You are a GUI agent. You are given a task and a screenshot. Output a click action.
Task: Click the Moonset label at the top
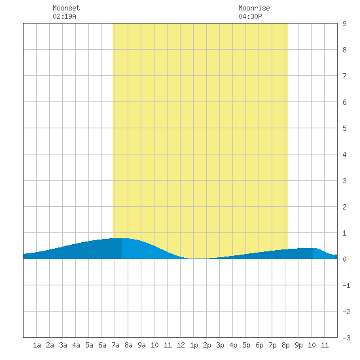pos(66,8)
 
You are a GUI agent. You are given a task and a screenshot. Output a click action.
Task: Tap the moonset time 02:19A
pos(65,16)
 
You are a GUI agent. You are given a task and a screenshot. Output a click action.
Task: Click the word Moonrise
pos(254,8)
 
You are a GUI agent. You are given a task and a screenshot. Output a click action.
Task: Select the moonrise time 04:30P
pos(250,16)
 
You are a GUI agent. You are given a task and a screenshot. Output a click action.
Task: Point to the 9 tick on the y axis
pos(344,24)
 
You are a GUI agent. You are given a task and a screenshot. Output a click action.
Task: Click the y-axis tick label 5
pos(344,128)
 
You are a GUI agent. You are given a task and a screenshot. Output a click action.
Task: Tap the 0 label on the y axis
pos(344,259)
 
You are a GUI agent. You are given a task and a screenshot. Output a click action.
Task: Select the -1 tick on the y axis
pos(346,285)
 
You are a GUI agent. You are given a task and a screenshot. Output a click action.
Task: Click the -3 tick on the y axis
pos(346,338)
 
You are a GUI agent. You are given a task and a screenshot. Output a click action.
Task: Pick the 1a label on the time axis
pos(37,345)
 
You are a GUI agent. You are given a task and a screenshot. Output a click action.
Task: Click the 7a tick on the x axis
pos(115,345)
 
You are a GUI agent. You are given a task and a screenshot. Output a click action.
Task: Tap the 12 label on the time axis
pos(181,345)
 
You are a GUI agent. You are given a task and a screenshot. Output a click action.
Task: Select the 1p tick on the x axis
pos(194,345)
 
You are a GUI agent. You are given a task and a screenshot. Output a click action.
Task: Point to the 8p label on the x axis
pos(285,345)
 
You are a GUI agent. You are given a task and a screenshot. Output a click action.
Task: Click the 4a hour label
pos(76,345)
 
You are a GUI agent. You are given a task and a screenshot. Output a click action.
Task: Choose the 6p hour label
pos(259,345)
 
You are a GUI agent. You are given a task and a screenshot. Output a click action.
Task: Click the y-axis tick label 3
pos(344,181)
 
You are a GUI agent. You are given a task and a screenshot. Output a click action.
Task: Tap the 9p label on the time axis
pos(298,345)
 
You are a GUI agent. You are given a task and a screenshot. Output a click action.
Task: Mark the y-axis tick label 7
pos(344,76)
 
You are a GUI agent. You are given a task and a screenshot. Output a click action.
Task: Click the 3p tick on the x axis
pos(220,345)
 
